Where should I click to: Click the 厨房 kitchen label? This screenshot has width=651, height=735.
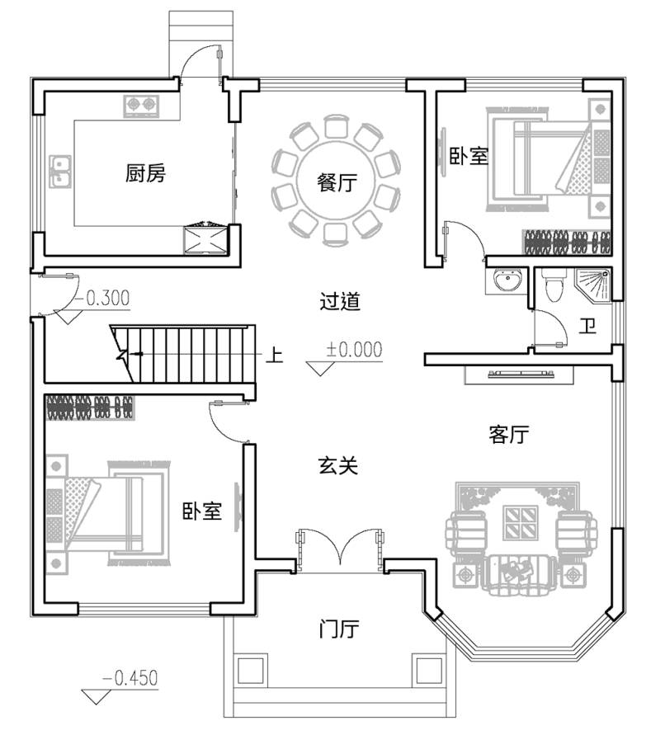(x=145, y=173)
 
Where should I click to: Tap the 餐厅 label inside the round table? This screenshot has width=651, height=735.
(x=337, y=181)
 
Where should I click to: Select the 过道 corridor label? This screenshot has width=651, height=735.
(x=340, y=301)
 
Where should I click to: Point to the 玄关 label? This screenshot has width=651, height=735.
(x=338, y=465)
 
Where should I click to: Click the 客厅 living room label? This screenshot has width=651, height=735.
(x=509, y=434)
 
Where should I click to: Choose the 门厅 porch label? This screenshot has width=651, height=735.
(x=339, y=629)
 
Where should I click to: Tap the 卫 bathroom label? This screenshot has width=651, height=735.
(x=587, y=326)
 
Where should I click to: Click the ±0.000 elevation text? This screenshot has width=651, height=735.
(x=354, y=350)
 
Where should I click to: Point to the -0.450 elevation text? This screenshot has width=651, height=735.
(x=130, y=678)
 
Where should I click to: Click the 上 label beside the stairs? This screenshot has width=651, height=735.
(x=275, y=355)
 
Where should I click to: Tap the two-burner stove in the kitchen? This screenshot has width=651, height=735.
(x=141, y=106)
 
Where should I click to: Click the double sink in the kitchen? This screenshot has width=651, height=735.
(x=60, y=171)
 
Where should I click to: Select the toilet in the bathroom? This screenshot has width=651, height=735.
(x=554, y=285)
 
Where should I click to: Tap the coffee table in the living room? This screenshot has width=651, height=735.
(x=520, y=522)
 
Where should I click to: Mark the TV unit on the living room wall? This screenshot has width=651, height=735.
(x=519, y=375)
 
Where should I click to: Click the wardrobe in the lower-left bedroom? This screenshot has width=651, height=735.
(x=90, y=408)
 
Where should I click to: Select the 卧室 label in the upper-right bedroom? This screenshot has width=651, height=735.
(x=469, y=155)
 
